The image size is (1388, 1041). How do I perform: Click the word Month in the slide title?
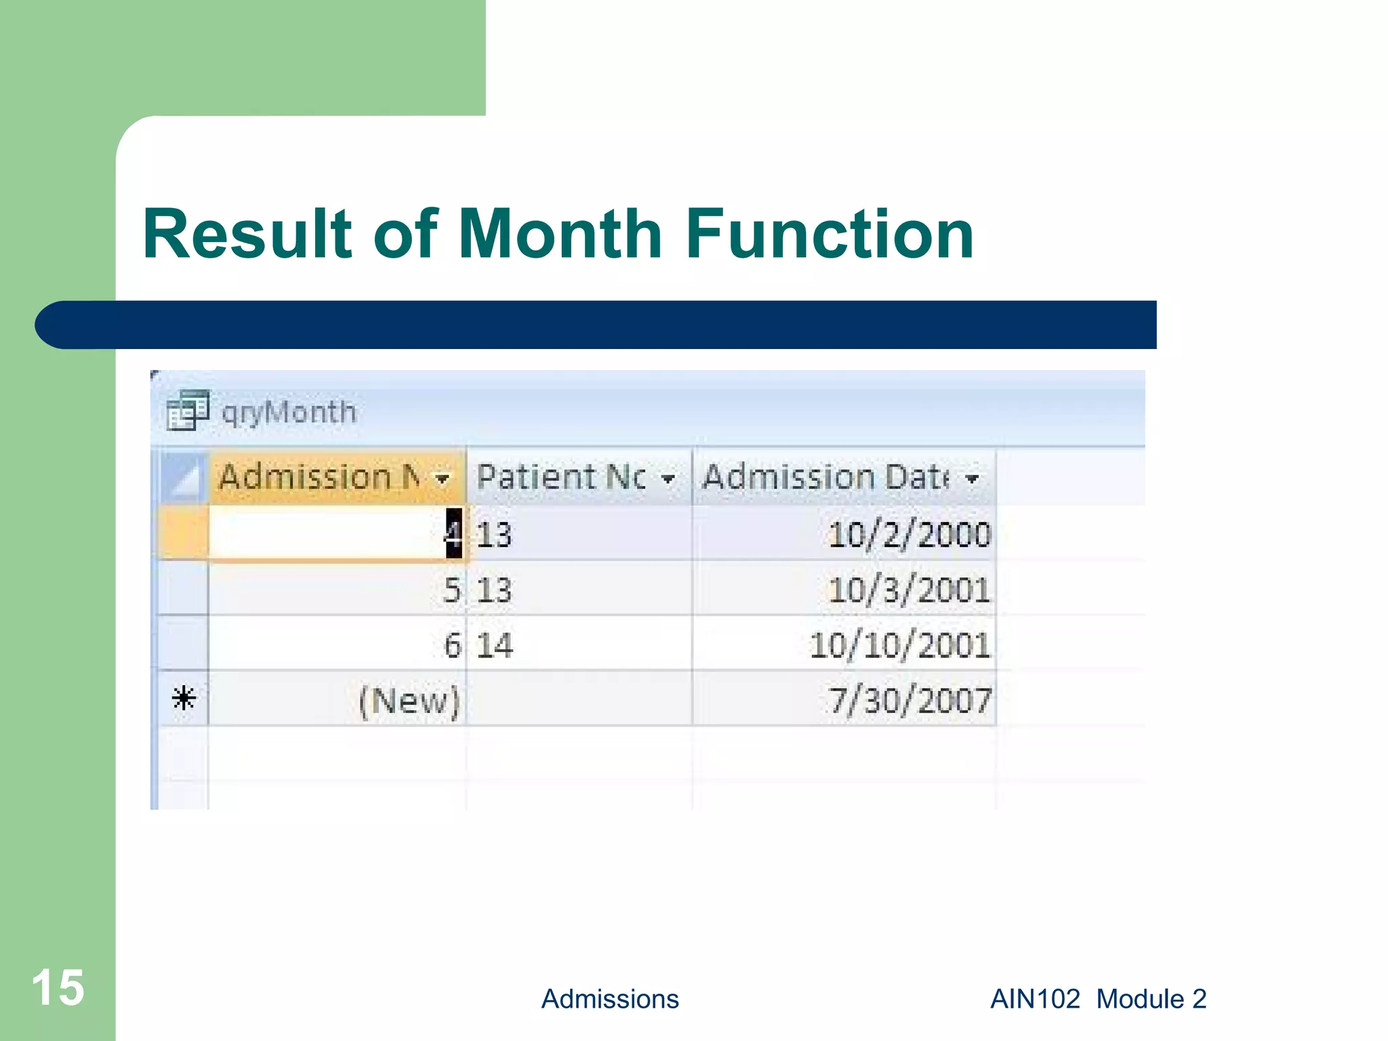(559, 234)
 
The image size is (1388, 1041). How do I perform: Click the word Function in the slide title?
(830, 234)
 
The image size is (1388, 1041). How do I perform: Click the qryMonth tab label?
(289, 412)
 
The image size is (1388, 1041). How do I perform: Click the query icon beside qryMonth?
(187, 411)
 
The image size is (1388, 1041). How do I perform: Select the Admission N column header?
(319, 476)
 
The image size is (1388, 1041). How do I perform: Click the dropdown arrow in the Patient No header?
(668, 479)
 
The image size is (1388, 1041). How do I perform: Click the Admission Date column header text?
(824, 476)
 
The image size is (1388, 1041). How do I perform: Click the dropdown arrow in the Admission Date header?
(973, 479)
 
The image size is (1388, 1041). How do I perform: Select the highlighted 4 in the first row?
(453, 533)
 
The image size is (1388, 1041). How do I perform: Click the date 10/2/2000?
(909, 534)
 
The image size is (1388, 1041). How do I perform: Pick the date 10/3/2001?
(909, 590)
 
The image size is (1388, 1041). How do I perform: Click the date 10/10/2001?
(899, 645)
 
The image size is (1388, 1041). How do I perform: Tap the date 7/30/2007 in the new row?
(910, 699)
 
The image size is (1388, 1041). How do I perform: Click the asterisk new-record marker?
(184, 698)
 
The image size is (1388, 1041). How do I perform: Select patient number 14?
(494, 645)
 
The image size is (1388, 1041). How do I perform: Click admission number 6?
(452, 645)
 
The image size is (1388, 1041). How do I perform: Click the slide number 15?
(58, 987)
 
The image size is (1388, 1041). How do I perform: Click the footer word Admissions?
(610, 999)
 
